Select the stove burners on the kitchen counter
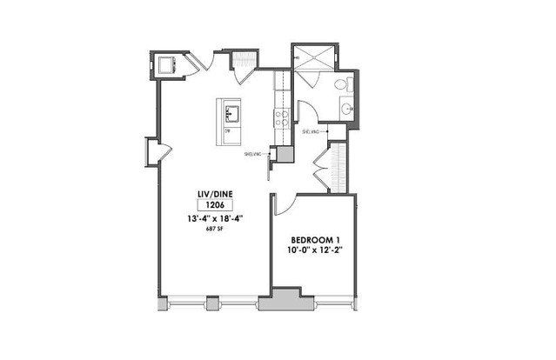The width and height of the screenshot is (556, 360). (282, 117)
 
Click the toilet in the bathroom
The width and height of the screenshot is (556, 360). (345, 86)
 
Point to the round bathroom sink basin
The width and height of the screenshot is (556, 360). (347, 110)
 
